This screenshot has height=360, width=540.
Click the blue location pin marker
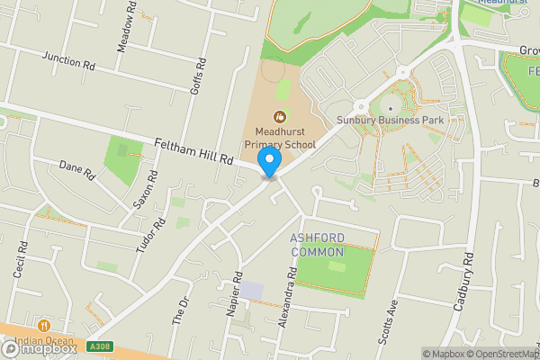(269, 162)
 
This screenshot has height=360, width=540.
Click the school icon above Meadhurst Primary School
(279, 116)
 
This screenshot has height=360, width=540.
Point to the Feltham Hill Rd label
(193, 151)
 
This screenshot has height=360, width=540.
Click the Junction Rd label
(68, 61)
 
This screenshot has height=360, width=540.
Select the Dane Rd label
(76, 169)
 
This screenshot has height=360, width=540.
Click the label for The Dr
(180, 310)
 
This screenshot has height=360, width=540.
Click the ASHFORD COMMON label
(317, 245)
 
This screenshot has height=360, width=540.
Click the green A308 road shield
(100, 346)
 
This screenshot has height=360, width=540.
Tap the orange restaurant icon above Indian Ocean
(42, 325)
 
